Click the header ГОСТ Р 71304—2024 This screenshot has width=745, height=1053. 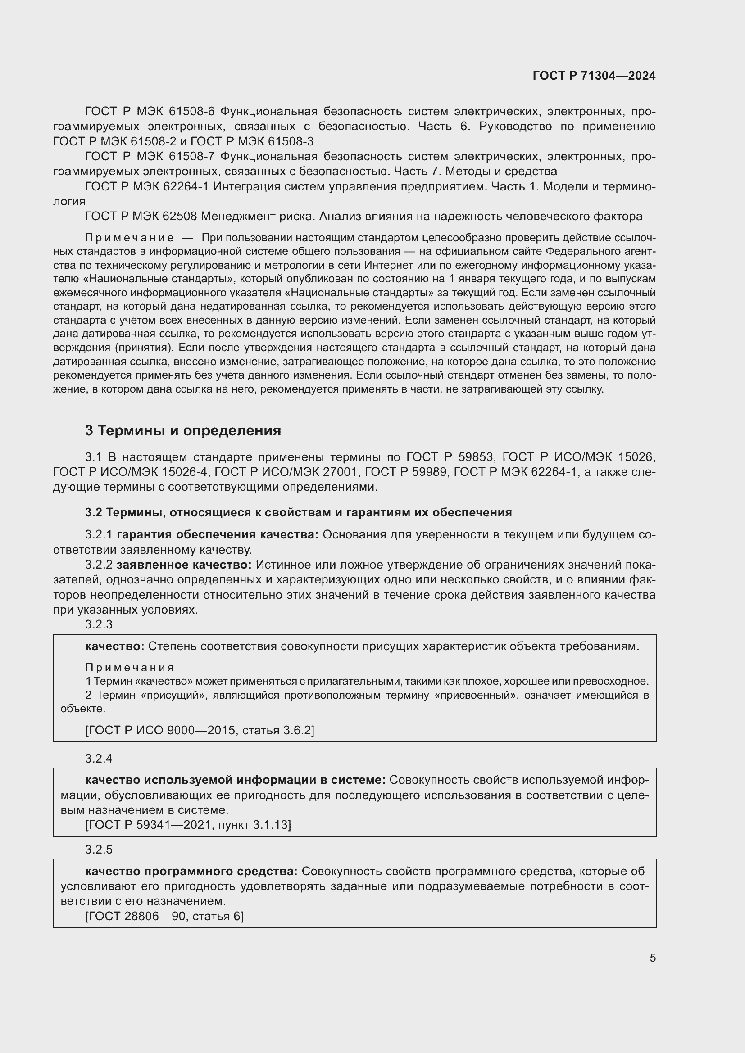tap(594, 76)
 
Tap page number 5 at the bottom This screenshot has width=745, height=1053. tap(652, 958)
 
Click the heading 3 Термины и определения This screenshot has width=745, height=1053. tap(182, 431)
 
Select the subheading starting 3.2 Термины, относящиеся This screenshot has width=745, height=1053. tap(298, 512)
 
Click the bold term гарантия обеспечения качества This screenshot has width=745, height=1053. tap(218, 535)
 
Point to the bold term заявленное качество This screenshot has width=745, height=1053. tap(184, 565)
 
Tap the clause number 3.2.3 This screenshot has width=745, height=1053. tap(99, 624)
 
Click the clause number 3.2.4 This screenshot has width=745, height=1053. tap(99, 759)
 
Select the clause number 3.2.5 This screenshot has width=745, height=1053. tap(99, 850)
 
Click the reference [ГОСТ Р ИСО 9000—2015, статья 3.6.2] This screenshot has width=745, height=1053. tap(200, 730)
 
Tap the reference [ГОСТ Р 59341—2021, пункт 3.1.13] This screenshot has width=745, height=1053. tap(188, 825)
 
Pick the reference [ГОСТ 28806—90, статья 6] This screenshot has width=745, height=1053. tap(164, 916)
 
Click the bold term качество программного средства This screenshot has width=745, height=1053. tap(191, 871)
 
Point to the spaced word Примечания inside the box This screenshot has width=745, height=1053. tap(129, 668)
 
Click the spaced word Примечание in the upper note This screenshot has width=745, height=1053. tap(129, 238)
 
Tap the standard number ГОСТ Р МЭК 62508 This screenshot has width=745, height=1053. tap(141, 216)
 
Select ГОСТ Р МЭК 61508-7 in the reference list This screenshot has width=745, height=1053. tap(150, 156)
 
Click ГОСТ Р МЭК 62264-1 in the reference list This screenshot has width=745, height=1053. tap(147, 187)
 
